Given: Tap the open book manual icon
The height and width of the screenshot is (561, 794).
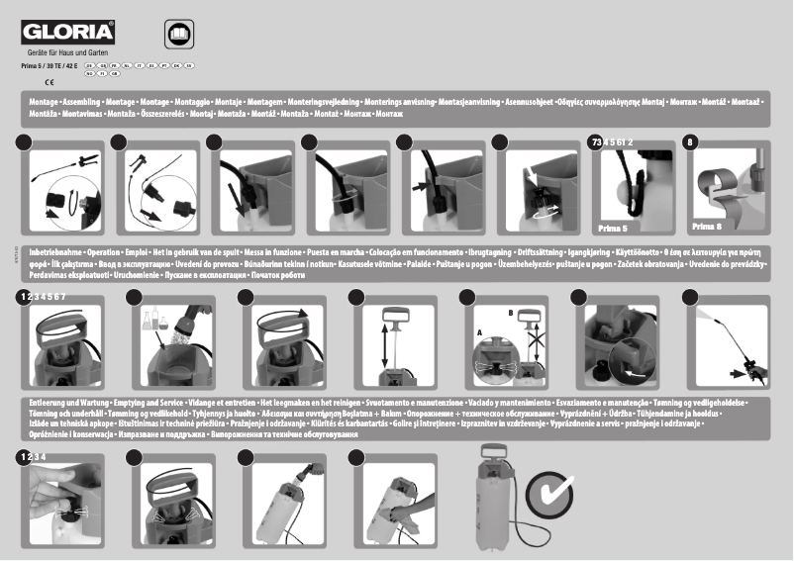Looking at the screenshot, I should (180, 34).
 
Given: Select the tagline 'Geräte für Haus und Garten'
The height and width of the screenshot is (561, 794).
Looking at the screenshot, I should (67, 52).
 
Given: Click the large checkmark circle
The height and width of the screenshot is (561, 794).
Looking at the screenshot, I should (549, 493).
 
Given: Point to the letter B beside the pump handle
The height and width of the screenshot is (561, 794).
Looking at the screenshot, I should (511, 312).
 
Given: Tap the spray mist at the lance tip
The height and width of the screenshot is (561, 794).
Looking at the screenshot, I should (705, 316).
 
